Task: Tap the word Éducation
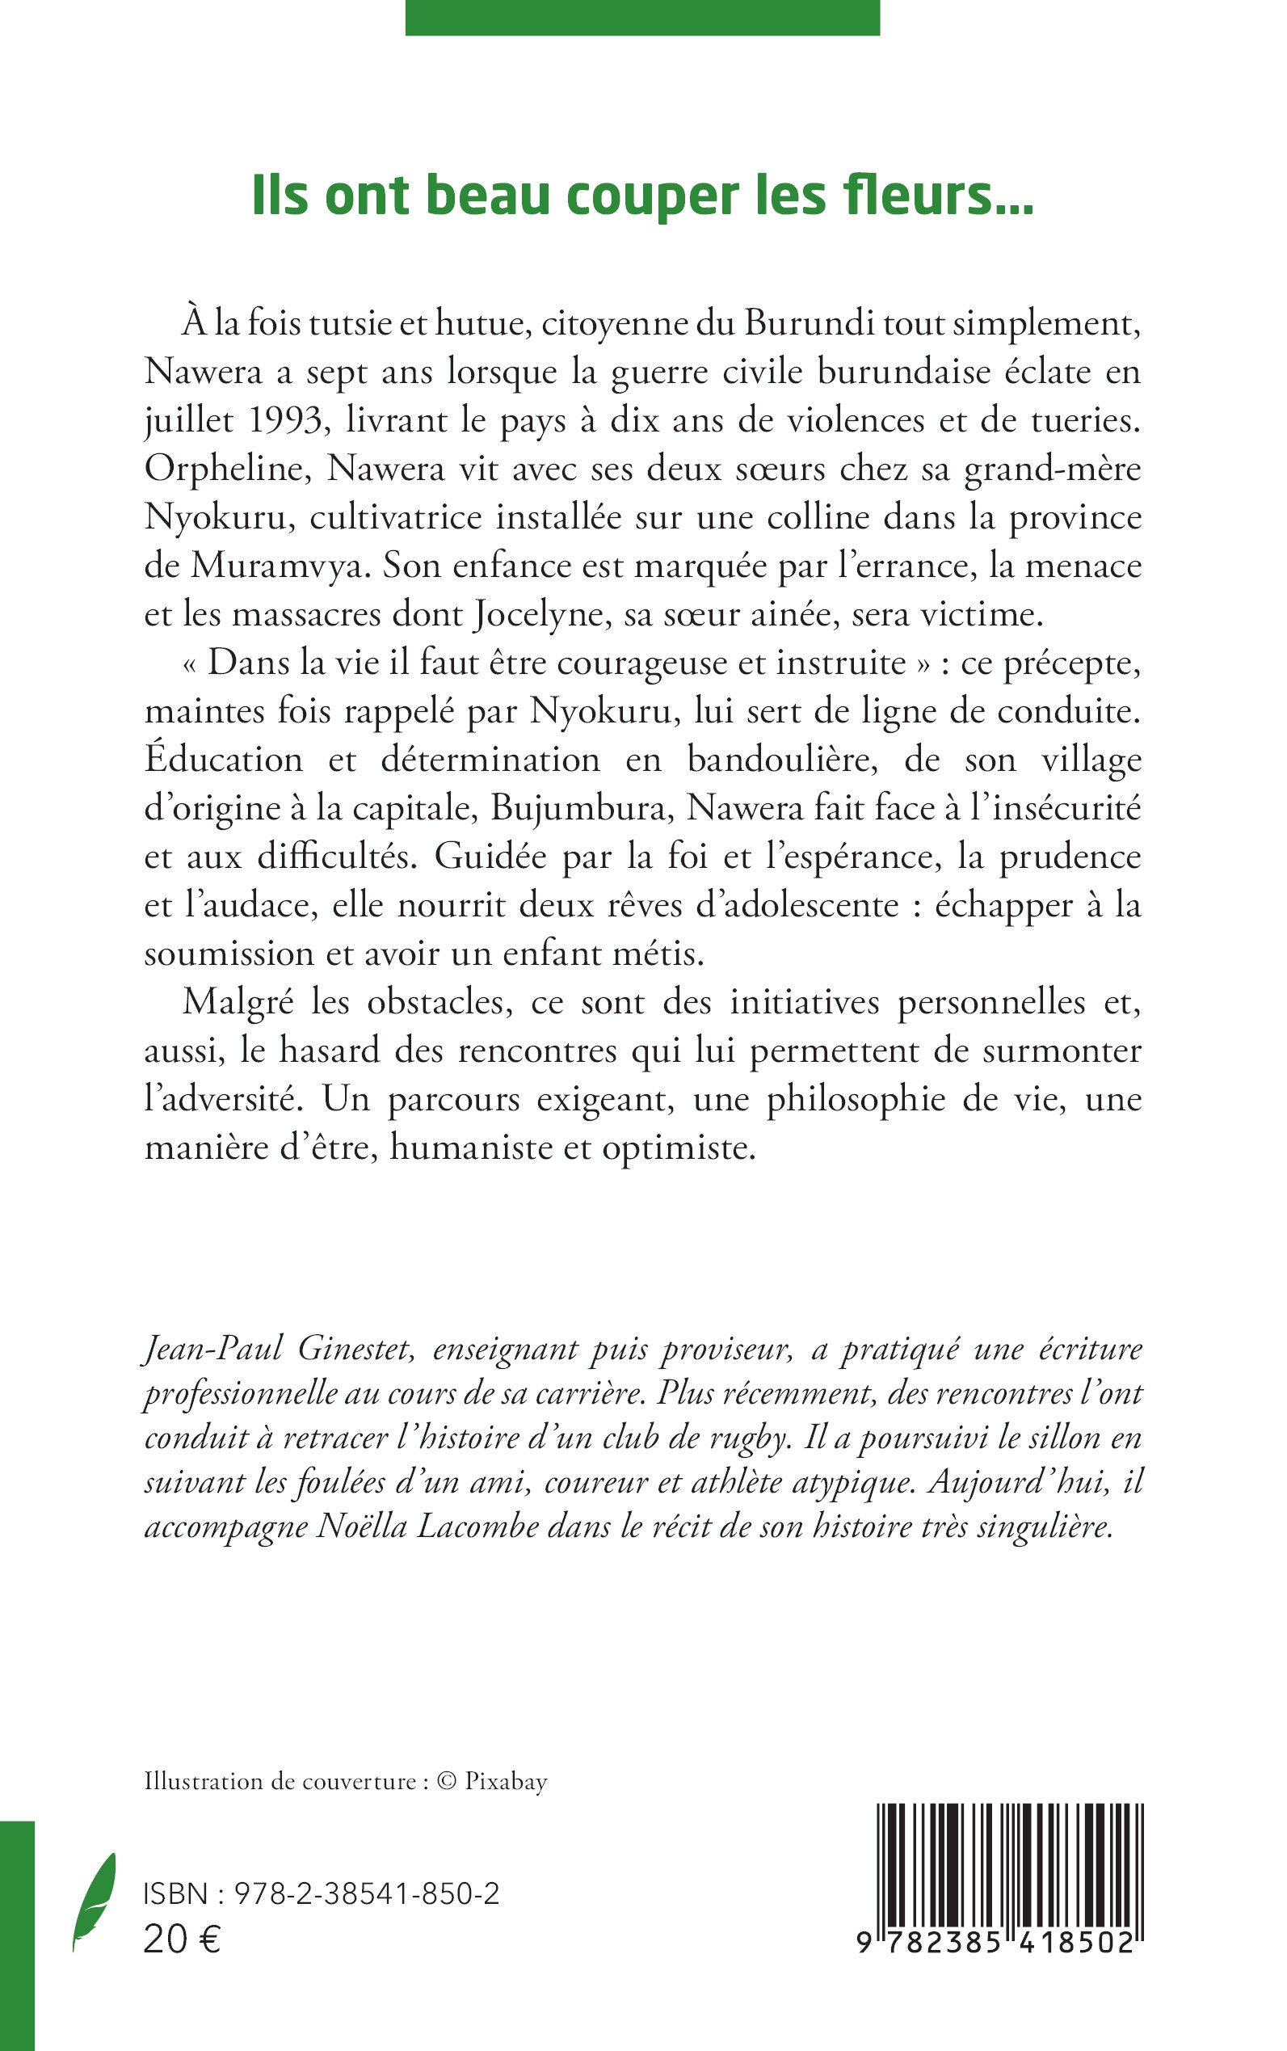pos(224,760)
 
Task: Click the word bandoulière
pos(781,760)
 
